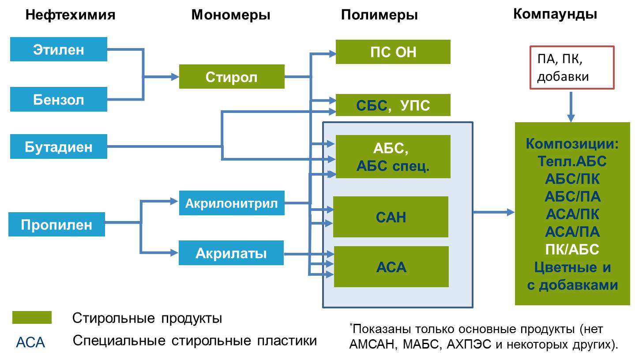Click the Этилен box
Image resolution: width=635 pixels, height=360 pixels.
pos(59,49)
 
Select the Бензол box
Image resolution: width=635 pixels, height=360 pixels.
pos(59,99)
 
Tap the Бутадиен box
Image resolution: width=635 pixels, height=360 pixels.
pos(59,146)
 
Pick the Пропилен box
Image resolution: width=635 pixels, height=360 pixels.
pos(56,224)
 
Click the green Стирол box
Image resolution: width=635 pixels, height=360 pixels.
pos(232,76)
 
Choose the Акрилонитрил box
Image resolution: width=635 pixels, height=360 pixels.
pos(232,203)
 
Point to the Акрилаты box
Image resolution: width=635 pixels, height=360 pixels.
pos(231,253)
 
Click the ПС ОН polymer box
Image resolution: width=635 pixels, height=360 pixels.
pos(393,52)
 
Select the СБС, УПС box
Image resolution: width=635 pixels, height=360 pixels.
pos(393,105)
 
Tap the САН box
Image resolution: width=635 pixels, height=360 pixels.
pos(391,217)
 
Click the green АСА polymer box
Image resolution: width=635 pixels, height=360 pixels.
pos(391,267)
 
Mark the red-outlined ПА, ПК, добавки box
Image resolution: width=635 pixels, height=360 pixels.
pos(572,67)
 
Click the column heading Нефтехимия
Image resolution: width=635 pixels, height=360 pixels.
pos(70,15)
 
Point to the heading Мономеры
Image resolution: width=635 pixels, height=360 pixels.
pos(231,15)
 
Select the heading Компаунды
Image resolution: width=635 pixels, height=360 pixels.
pos(555,14)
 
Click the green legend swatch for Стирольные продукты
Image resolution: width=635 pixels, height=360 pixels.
pos(32,318)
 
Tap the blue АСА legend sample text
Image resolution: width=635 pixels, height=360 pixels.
pos(30,342)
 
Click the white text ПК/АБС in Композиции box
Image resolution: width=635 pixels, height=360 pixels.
pos(572,249)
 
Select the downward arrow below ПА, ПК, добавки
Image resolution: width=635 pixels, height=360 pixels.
pos(571,107)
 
